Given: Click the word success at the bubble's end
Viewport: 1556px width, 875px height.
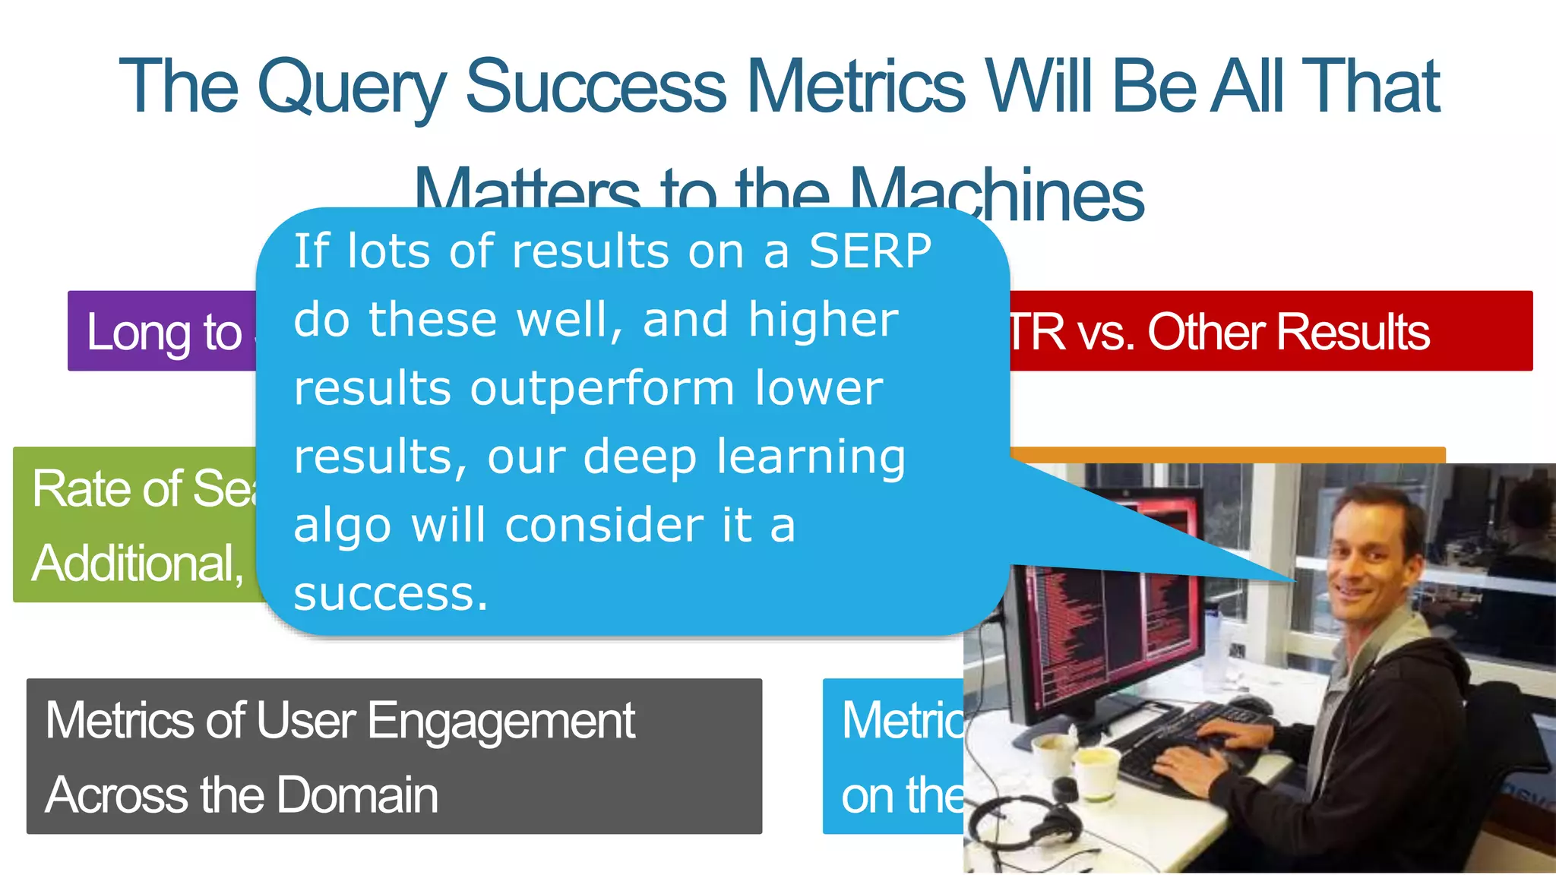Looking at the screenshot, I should pos(390,593).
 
